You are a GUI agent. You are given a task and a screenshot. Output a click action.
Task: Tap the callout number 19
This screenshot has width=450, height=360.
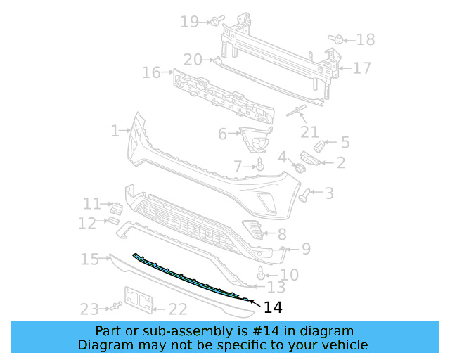pos(190,22)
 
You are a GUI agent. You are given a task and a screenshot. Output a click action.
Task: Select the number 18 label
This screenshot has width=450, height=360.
pos(365,39)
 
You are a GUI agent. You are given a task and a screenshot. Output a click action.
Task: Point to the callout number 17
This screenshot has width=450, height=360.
pos(361,68)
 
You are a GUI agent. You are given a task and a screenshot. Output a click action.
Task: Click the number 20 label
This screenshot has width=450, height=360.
pos(193,60)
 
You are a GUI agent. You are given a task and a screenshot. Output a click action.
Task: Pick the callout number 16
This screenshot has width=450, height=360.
pos(151,72)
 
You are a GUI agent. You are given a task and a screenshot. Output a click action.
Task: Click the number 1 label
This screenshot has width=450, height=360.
pos(115,130)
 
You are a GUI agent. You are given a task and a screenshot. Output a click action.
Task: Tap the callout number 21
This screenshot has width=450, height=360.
pos(309,131)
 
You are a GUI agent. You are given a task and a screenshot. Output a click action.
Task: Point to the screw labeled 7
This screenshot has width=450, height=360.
pos(261,166)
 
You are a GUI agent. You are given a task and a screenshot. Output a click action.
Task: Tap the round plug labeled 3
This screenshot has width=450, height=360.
pos(305,193)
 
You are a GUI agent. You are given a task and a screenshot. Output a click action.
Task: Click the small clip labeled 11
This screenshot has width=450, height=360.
pos(117,207)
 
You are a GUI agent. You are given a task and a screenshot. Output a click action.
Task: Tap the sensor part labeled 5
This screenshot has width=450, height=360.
pos(320,146)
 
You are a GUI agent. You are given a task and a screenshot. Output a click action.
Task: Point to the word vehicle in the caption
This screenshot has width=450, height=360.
pos(345,345)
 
